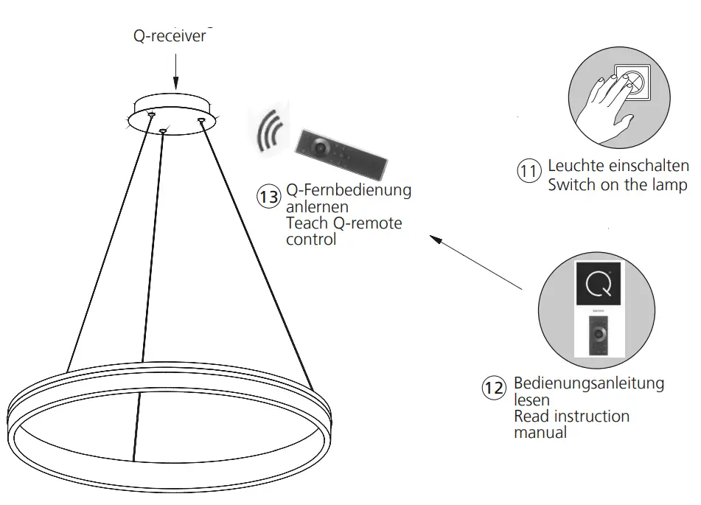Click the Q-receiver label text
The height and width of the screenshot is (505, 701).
click(x=170, y=36)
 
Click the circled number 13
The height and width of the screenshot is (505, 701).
click(x=268, y=197)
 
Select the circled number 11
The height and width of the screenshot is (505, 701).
click(x=529, y=172)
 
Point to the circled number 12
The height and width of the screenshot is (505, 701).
click(x=494, y=388)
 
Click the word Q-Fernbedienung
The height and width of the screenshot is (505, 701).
click(x=349, y=190)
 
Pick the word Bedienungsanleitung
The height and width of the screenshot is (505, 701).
click(x=589, y=383)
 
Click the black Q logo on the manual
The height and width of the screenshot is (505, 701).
click(x=598, y=283)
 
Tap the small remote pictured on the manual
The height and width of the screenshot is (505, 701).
click(x=598, y=337)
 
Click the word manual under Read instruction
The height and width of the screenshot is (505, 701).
click(x=540, y=433)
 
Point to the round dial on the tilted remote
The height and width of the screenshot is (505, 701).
click(x=321, y=147)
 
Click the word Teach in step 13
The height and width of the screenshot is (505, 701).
click(x=306, y=223)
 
